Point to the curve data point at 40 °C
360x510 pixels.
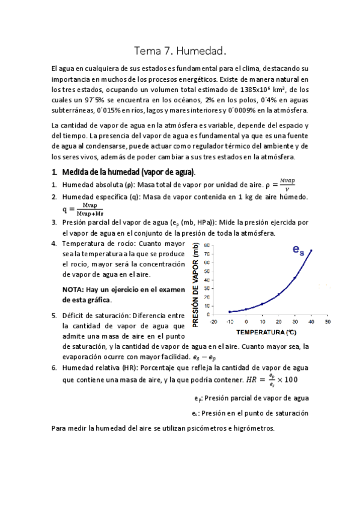point(311,250)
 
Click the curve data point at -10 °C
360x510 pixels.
point(230,312)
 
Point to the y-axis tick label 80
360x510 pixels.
point(207,246)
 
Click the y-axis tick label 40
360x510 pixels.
point(207,280)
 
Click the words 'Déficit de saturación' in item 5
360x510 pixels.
point(96,315)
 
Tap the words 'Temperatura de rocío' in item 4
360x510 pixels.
point(98,244)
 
